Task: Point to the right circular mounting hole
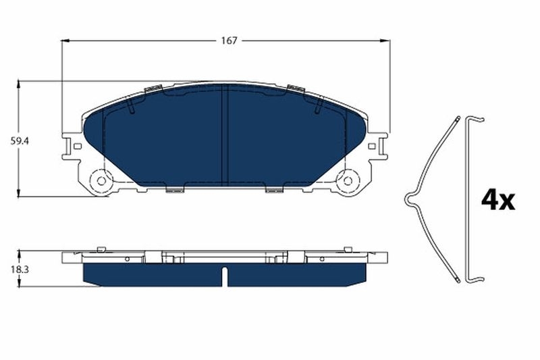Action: (348, 180)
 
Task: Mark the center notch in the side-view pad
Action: (225, 276)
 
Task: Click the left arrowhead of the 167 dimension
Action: (65, 41)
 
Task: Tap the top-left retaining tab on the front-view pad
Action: (154, 88)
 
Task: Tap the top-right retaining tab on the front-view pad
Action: (294, 88)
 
